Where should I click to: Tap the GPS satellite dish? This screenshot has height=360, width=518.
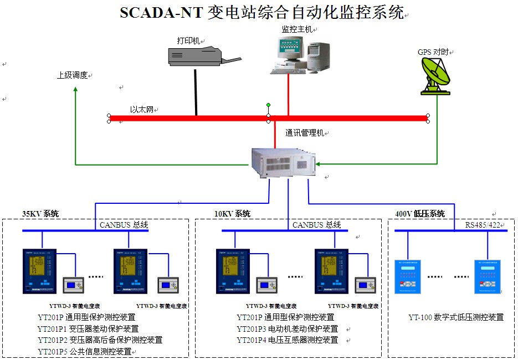click(437, 75)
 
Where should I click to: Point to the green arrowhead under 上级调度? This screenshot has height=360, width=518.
click(76, 89)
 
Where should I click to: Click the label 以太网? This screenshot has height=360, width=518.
click(142, 110)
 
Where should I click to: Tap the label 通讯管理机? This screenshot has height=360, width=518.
click(305, 133)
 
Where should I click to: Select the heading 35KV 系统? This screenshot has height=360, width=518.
click(40, 214)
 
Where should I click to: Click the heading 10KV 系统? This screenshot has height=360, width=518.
click(232, 214)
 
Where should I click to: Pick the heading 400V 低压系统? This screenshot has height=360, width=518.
click(419, 214)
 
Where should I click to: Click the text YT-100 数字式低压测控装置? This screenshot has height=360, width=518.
click(456, 317)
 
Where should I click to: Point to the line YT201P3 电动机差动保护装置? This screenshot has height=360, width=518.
click(288, 329)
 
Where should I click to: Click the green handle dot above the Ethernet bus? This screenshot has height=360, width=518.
click(269, 105)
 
